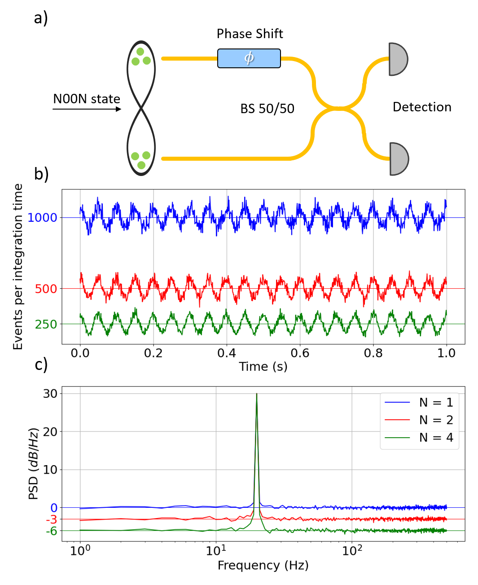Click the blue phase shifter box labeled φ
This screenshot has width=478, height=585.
click(x=249, y=58)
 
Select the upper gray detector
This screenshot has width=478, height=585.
click(x=397, y=59)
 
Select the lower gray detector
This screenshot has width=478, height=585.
click(x=398, y=159)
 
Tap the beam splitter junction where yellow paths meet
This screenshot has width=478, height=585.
click(x=339, y=108)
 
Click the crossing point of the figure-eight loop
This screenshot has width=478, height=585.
click(x=141, y=108)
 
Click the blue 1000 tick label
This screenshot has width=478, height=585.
click(x=42, y=218)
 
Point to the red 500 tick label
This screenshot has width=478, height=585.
click(x=46, y=289)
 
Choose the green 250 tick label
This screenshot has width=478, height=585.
click(x=46, y=324)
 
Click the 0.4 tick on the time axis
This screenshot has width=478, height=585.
click(x=227, y=353)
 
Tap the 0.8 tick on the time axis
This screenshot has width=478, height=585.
click(x=373, y=353)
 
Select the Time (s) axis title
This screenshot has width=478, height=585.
click(x=263, y=367)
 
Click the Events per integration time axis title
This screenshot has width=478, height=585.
click(x=18, y=267)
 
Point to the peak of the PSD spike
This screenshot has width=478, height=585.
click(x=257, y=394)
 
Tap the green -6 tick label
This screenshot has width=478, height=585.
click(x=51, y=531)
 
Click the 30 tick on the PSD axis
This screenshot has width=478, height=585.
click(x=50, y=394)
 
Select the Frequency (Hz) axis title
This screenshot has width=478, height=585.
click(x=263, y=565)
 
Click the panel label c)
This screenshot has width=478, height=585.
click(x=41, y=365)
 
